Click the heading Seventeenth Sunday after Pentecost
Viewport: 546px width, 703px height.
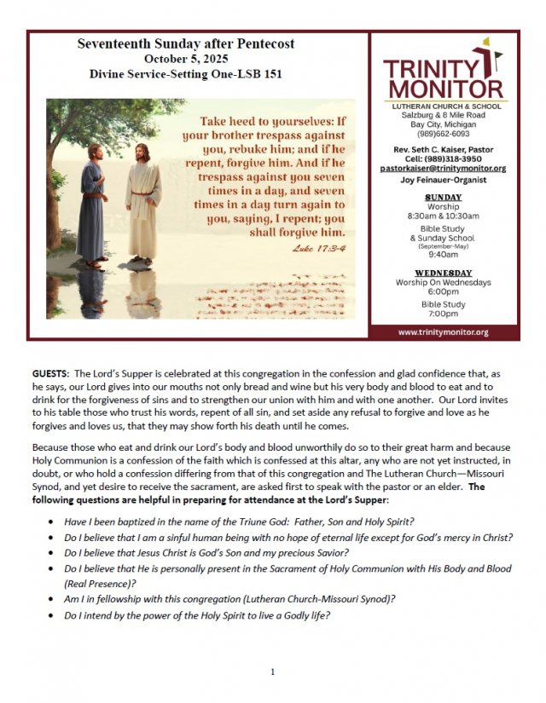click(x=186, y=43)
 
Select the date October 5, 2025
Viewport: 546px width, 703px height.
click(x=186, y=58)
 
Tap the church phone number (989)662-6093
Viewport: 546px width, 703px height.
click(x=442, y=133)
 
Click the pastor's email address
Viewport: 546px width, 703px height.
click(x=442, y=169)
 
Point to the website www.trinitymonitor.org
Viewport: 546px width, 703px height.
click(x=443, y=331)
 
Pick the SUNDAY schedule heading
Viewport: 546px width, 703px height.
click(x=442, y=197)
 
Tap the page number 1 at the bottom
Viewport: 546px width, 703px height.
click(x=272, y=672)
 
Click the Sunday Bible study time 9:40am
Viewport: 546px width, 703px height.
click(x=442, y=253)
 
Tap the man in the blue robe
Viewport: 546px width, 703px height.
click(x=92, y=205)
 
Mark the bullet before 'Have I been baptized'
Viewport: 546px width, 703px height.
click(x=54, y=521)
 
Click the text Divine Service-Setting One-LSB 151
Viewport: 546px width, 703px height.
click(x=186, y=74)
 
